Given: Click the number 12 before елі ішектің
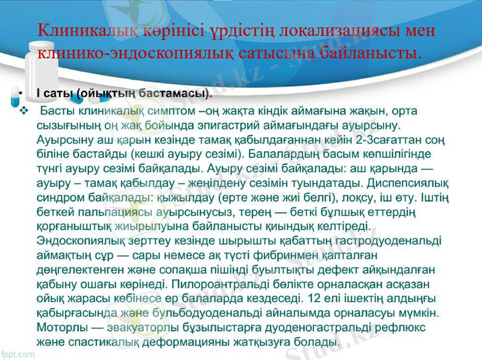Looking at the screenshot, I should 313,297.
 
